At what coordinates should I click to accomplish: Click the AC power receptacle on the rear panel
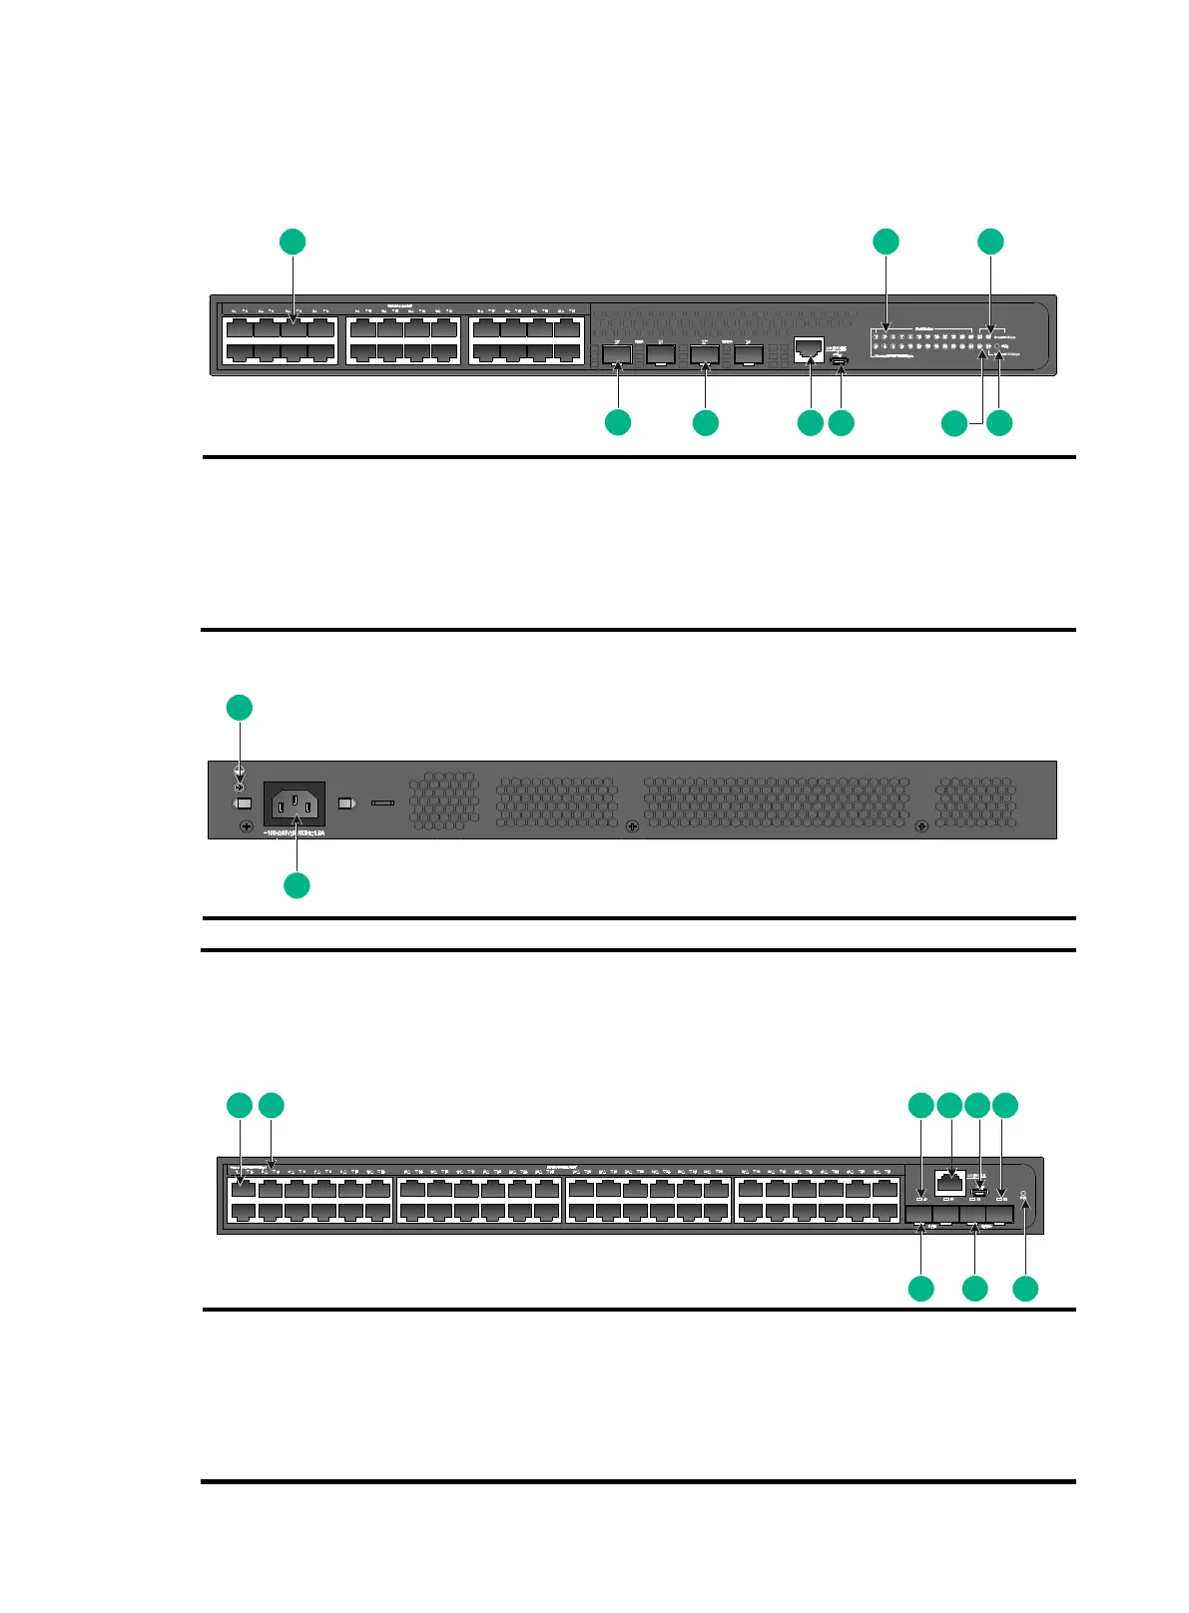294,804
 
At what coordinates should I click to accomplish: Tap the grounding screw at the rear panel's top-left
240,774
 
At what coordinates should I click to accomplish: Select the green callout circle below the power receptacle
297,885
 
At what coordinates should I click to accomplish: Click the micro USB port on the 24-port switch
841,360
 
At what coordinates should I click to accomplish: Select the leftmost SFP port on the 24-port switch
617,353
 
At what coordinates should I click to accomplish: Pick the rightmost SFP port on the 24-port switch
749,353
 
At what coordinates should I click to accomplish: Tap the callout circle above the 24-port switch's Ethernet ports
292,242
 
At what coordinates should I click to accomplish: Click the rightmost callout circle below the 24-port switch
999,423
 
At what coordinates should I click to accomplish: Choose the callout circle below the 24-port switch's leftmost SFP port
618,422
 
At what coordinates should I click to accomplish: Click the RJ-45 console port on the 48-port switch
949,1182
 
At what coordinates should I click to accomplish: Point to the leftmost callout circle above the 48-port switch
240,1105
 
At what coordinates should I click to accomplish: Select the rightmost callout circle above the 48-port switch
1005,1105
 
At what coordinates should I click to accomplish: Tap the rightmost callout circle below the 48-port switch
1025,1289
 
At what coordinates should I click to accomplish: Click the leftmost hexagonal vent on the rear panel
443,799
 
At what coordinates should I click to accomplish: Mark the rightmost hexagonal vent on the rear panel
975,802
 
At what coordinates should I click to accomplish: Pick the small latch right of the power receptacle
346,803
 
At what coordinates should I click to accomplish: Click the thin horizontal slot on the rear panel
383,802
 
